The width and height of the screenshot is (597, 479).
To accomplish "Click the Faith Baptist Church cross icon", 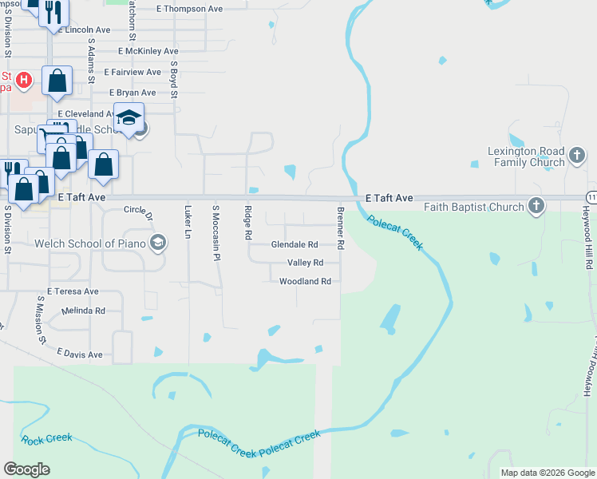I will [x=536, y=207].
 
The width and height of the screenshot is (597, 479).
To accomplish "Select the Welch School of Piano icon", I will [x=158, y=243].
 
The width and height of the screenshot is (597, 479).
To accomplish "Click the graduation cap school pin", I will [x=128, y=117].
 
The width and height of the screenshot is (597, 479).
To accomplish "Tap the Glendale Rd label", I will [x=295, y=245].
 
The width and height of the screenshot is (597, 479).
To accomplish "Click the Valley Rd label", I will [x=305, y=263].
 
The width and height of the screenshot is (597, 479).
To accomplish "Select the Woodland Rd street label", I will [x=305, y=281].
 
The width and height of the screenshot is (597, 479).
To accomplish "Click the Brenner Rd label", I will [x=340, y=229].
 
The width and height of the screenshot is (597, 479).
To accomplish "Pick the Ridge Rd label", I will [x=247, y=224].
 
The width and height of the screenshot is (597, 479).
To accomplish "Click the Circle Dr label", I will [x=139, y=211].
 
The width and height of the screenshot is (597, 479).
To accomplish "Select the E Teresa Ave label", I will [x=73, y=291].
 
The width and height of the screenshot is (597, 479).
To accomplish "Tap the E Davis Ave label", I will [x=80, y=353].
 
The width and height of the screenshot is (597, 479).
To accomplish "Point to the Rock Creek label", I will [x=47, y=439].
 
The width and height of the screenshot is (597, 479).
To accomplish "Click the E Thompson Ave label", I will [x=190, y=9].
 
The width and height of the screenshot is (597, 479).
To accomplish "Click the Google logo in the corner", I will [x=26, y=469].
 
